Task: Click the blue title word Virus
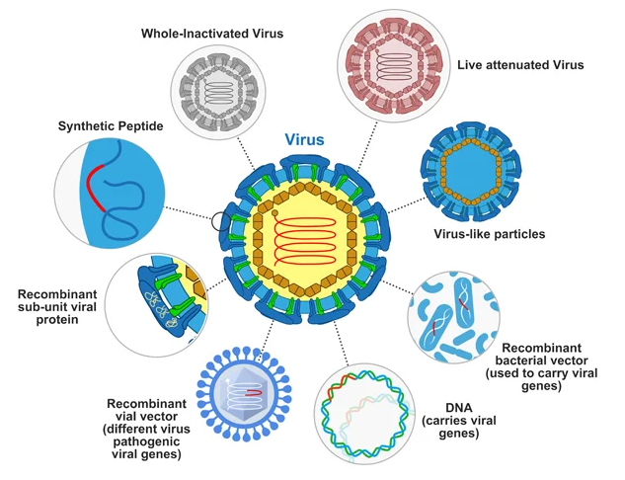coord(304,139)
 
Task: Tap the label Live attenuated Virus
coord(520,65)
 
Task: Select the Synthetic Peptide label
coord(110,125)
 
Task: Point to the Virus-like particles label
coord(489,234)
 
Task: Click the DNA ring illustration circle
coord(363,415)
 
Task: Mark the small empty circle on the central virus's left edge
coord(219,220)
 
